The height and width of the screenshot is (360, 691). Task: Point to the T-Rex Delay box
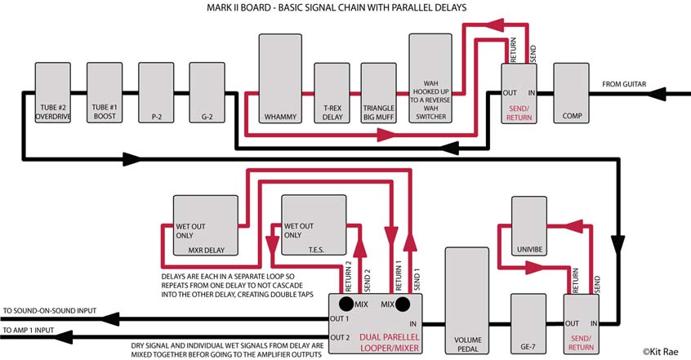[x=332, y=96]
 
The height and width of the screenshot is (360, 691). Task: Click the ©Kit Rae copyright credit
[x=662, y=351]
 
